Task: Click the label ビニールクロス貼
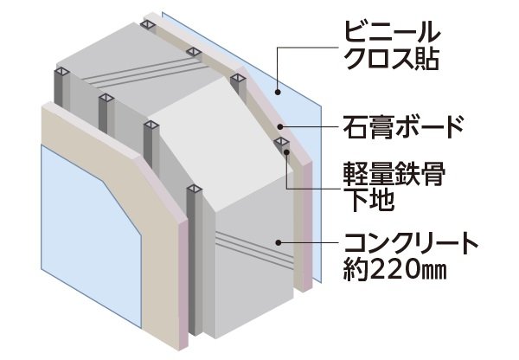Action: click(x=392, y=45)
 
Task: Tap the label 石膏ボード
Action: click(x=403, y=126)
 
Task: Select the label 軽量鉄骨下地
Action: click(x=394, y=186)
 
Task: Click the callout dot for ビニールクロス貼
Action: click(x=278, y=92)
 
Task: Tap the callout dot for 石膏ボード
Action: click(x=280, y=126)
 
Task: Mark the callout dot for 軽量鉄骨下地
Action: click(x=287, y=152)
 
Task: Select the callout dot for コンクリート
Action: click(x=278, y=243)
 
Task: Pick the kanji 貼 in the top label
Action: click(x=427, y=58)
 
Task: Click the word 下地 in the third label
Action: click(x=368, y=199)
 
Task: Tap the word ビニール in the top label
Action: click(x=392, y=31)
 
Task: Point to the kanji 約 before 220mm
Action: click(x=356, y=270)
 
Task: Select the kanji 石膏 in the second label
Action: click(x=368, y=126)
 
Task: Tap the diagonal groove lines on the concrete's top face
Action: click(x=145, y=74)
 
